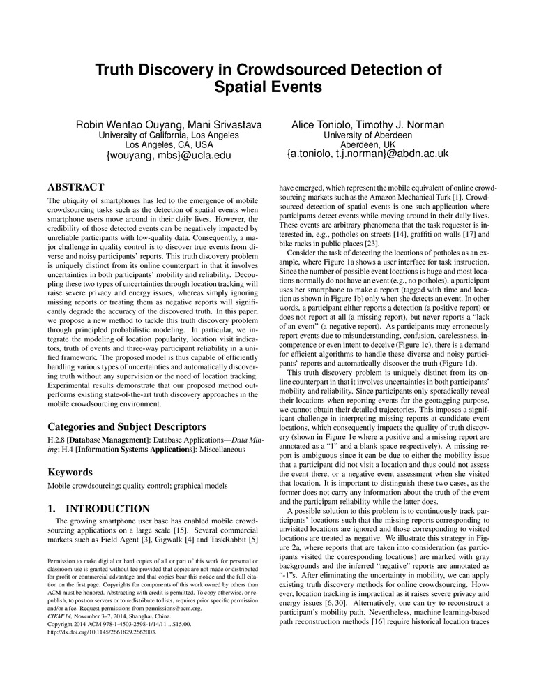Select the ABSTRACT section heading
pyautogui.click(x=75, y=187)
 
